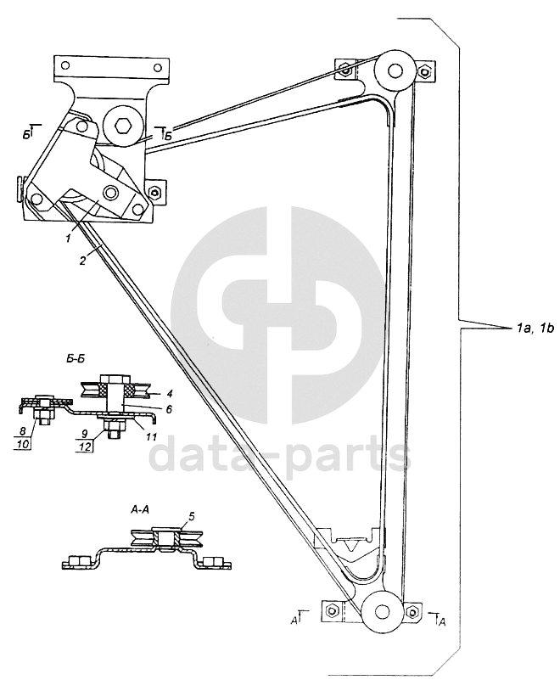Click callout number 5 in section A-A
tap(191, 515)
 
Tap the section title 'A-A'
tap(142, 510)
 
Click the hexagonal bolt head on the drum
tap(123, 126)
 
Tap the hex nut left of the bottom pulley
tap(333, 610)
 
